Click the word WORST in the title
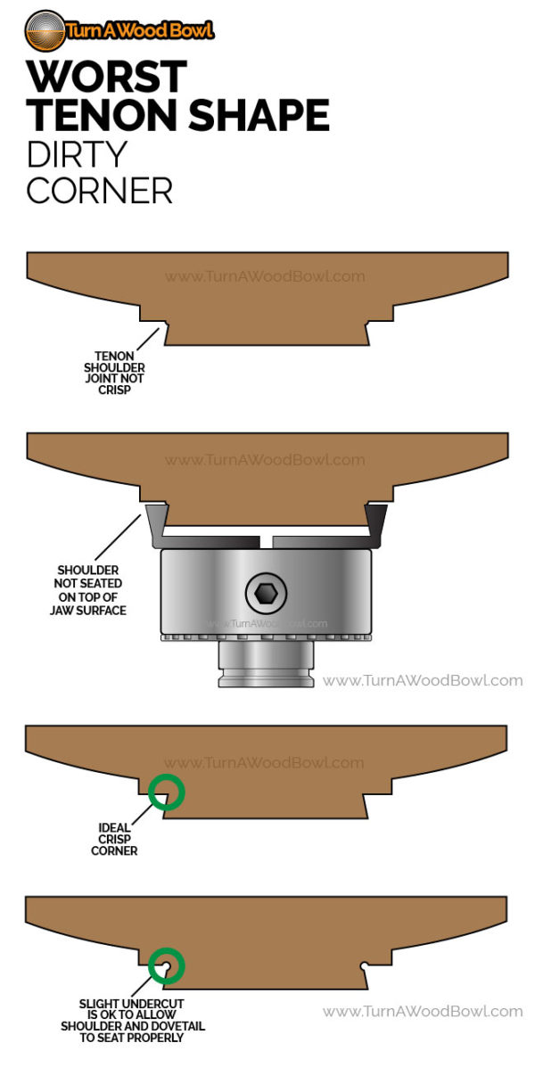pyautogui.click(x=106, y=78)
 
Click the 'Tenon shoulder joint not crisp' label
pyautogui.click(x=113, y=373)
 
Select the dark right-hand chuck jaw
pyautogui.click(x=375, y=521)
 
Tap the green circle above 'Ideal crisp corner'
pyautogui.click(x=166, y=792)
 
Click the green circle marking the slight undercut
pyautogui.click(x=166, y=965)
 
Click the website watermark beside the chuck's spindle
pyautogui.click(x=422, y=680)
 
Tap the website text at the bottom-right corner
pyautogui.click(x=422, y=1011)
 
